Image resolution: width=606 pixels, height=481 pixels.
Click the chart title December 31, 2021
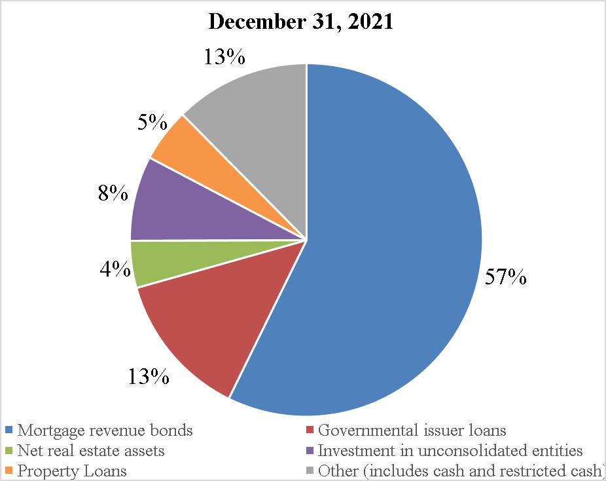(300, 22)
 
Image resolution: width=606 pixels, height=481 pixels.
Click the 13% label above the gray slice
(224, 57)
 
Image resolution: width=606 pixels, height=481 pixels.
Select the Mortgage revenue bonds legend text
(105, 431)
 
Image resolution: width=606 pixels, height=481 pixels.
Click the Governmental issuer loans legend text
(412, 431)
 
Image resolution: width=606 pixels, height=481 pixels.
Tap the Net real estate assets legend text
(91, 450)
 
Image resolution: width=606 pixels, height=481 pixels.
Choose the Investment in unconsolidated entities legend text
(450, 450)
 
